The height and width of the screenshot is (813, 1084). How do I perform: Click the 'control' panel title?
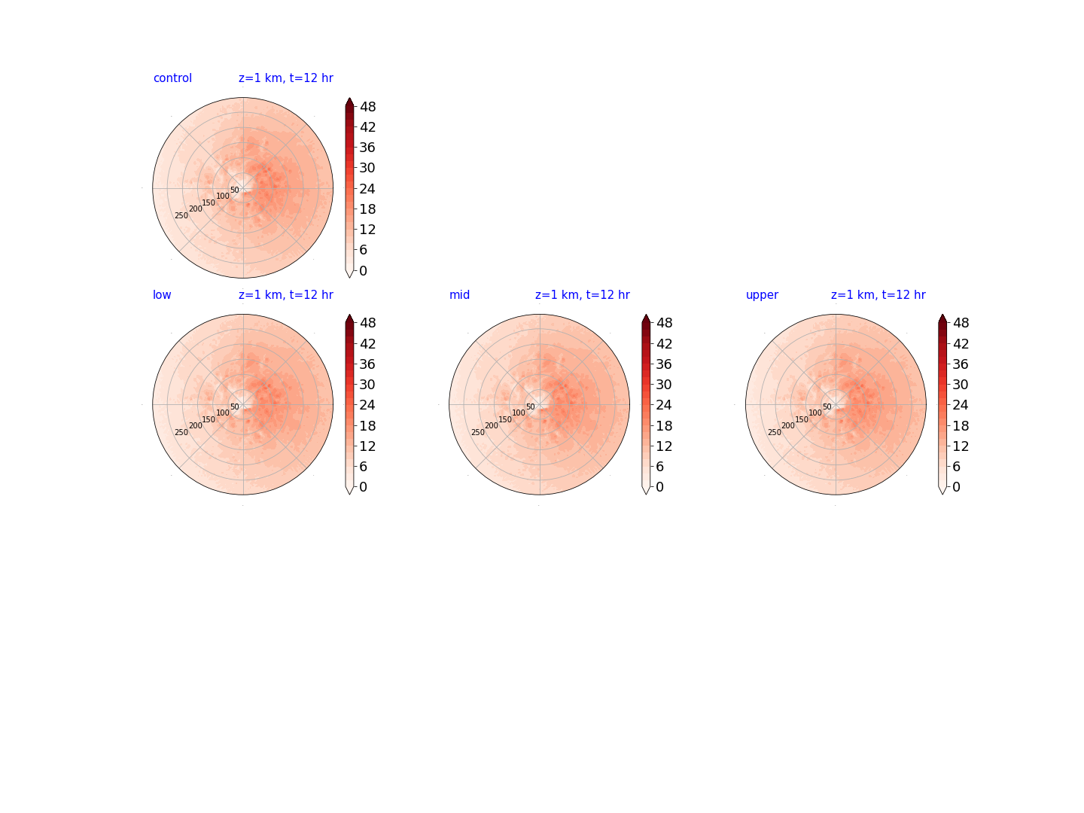[172, 78]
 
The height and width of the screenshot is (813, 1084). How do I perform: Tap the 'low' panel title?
[162, 294]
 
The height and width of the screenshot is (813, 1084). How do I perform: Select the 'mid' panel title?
[459, 294]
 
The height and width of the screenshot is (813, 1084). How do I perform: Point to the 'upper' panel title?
[762, 295]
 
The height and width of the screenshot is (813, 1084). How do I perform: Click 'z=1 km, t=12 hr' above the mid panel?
[582, 294]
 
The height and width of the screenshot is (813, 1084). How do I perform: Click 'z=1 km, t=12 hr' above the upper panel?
[878, 294]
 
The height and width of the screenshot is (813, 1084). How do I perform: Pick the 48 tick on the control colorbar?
[368, 107]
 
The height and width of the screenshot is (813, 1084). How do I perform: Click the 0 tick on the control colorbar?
[364, 270]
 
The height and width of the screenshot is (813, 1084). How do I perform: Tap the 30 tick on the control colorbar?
[367, 168]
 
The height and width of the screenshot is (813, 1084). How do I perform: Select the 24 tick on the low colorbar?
[367, 405]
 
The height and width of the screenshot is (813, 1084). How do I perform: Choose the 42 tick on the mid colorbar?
[664, 343]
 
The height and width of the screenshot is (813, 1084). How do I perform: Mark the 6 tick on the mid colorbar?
[659, 467]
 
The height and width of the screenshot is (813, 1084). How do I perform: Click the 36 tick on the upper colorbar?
[961, 364]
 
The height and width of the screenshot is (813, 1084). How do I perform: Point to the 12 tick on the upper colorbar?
[961, 446]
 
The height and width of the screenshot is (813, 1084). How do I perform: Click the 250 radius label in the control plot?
[181, 216]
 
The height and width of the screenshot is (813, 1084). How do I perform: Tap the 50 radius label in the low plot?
[235, 406]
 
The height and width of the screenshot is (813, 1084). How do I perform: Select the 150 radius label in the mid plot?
[505, 419]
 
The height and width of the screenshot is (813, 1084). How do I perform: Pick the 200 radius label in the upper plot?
[788, 425]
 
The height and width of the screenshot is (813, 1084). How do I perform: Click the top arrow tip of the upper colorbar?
[942, 315]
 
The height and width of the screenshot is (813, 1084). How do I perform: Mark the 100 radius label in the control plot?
[223, 196]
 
